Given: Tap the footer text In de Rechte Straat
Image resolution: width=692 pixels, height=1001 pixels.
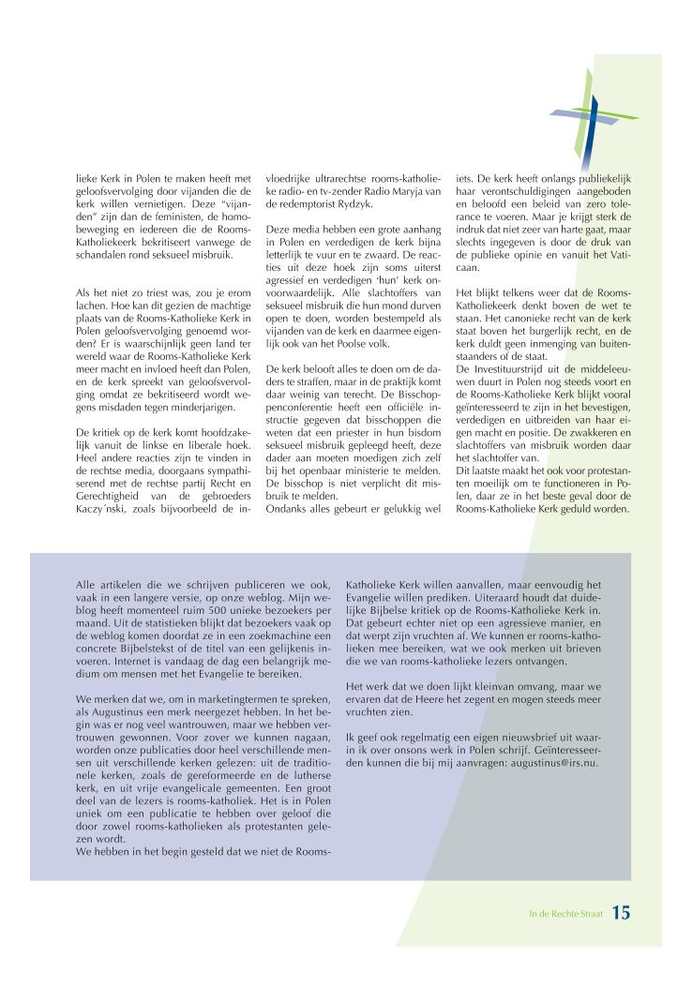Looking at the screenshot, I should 562,913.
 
